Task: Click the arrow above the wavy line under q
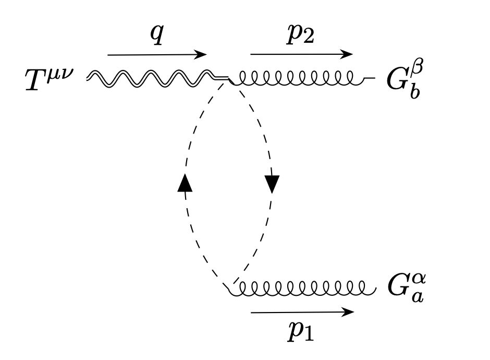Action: point(157,54)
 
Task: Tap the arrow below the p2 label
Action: point(301,54)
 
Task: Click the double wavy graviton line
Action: point(151,78)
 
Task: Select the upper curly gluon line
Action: point(297,79)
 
